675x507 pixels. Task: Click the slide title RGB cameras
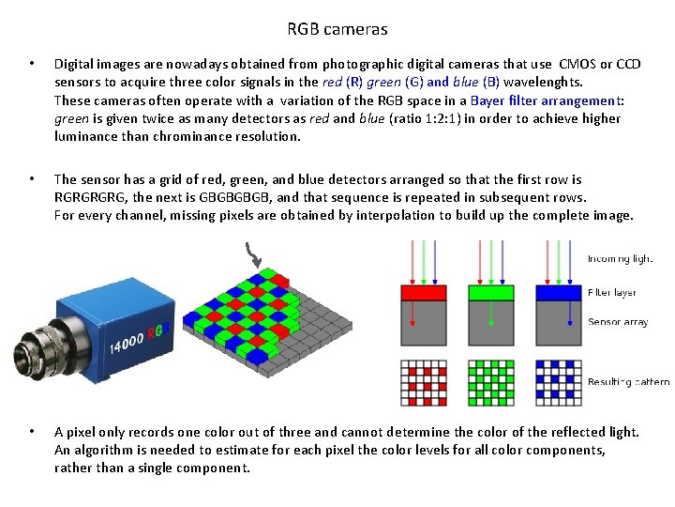click(337, 29)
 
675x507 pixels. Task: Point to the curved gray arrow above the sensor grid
click(252, 254)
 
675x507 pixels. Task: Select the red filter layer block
click(424, 293)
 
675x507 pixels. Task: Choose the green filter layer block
click(491, 293)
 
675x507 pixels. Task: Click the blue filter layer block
click(559, 293)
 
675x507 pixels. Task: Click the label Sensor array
click(618, 322)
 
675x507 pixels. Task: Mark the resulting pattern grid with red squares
click(424, 383)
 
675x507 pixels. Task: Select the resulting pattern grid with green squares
click(491, 383)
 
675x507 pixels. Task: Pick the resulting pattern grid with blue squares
click(559, 383)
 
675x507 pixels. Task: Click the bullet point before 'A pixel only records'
click(32, 433)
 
